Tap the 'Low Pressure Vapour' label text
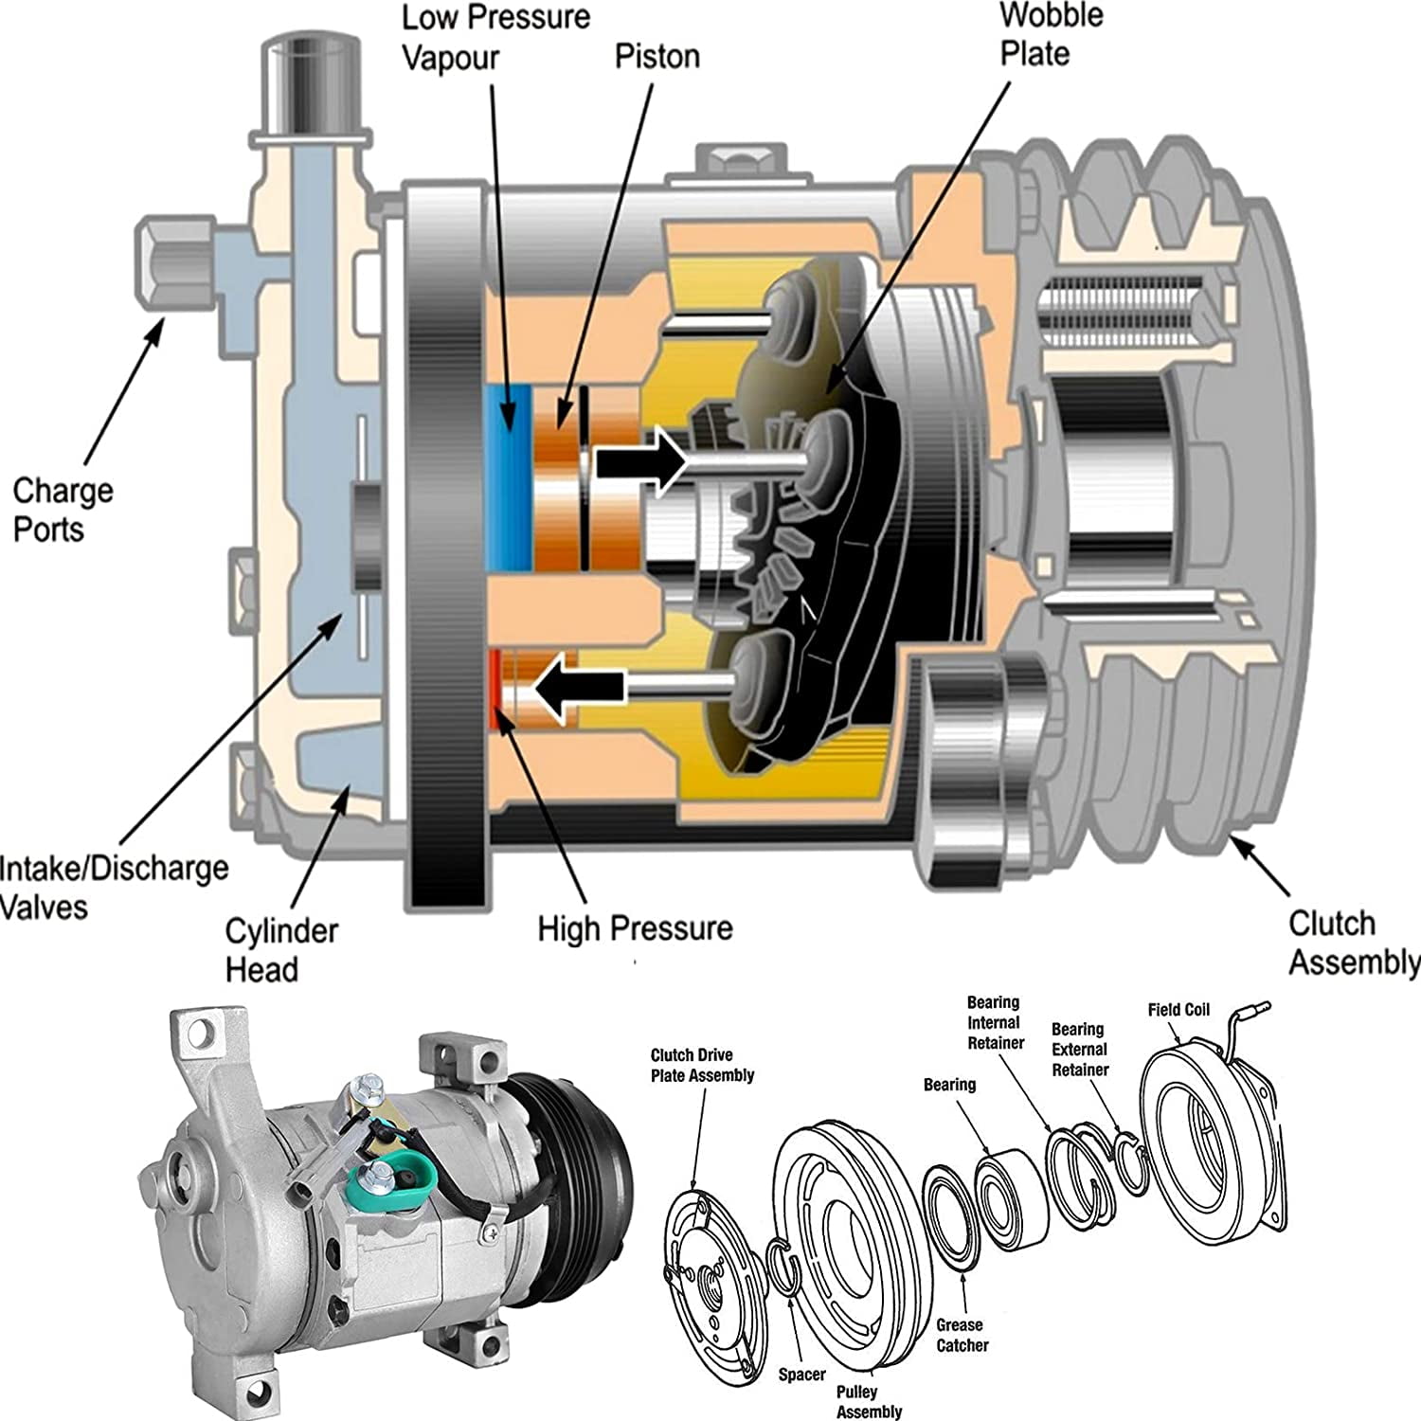click(x=495, y=37)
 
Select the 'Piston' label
click(x=657, y=56)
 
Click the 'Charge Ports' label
click(x=63, y=510)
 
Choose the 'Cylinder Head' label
click(x=280, y=950)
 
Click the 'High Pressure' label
click(x=635, y=927)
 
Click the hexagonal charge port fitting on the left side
click(x=169, y=265)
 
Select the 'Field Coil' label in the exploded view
click(x=1178, y=1010)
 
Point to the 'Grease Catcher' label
click(x=961, y=1335)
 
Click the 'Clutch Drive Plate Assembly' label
click(x=702, y=1065)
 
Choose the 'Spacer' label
click(x=801, y=1374)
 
